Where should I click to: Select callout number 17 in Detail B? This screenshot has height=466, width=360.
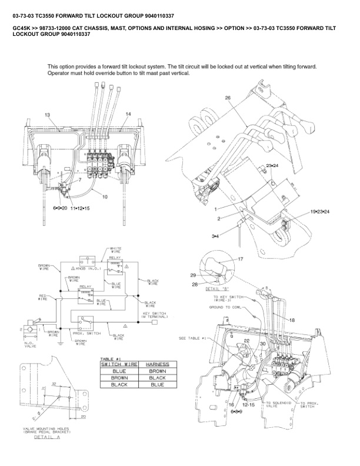click(240, 259)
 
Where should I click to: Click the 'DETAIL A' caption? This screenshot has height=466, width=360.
click(48, 438)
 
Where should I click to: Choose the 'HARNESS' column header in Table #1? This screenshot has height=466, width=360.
click(156, 364)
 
